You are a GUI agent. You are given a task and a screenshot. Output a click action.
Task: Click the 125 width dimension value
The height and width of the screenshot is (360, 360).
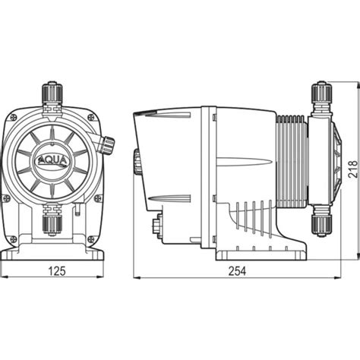57,271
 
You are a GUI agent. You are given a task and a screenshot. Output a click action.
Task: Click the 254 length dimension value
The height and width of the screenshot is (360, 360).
237,271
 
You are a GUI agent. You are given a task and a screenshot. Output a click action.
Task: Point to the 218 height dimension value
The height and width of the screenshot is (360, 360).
352,169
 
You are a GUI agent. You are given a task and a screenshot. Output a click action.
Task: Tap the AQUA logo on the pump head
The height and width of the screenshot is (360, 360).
52,161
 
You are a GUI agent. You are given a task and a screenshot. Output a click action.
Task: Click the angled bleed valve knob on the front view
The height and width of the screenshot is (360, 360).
107,145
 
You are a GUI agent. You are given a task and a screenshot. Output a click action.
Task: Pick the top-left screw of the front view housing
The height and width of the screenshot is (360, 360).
14,117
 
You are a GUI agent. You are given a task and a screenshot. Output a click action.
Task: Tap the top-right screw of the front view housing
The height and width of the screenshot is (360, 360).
91,117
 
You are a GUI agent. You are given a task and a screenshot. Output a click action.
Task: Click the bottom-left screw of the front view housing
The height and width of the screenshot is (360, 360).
14,238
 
